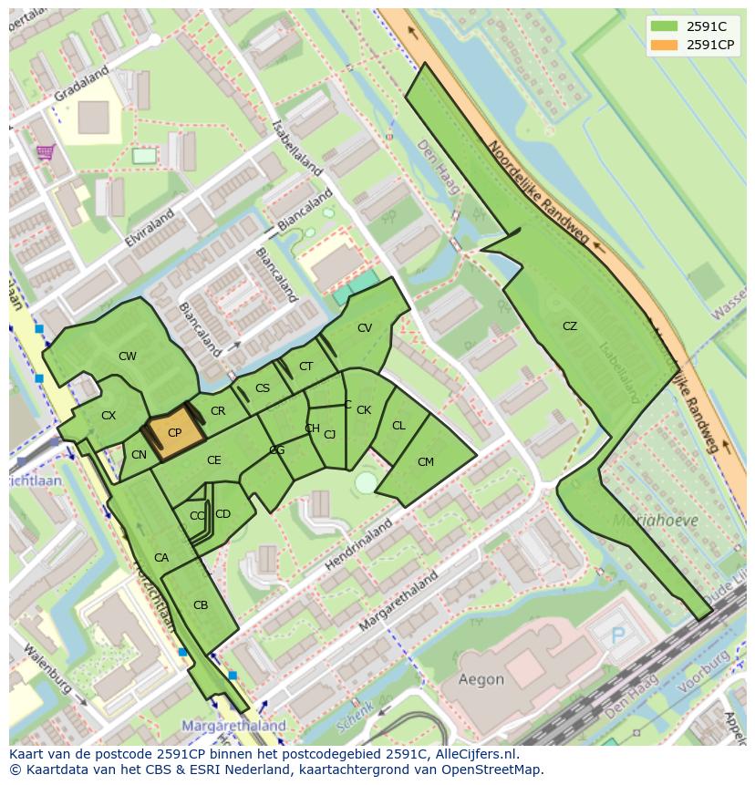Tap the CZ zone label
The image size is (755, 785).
(x=570, y=326)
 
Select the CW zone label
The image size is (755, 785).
(x=128, y=356)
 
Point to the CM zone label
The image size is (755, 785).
(x=426, y=462)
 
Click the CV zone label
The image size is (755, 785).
(x=365, y=328)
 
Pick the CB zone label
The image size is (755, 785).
(x=201, y=605)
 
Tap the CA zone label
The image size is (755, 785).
(x=161, y=558)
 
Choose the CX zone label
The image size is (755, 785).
(x=109, y=416)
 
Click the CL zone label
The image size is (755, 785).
(x=398, y=426)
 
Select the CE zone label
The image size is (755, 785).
(x=213, y=460)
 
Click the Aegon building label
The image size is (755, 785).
(x=481, y=679)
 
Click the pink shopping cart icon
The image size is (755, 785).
(x=45, y=151)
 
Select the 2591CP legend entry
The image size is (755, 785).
(x=710, y=45)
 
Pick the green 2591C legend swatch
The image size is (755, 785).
(x=665, y=26)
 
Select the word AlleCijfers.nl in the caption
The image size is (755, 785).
(x=474, y=754)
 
